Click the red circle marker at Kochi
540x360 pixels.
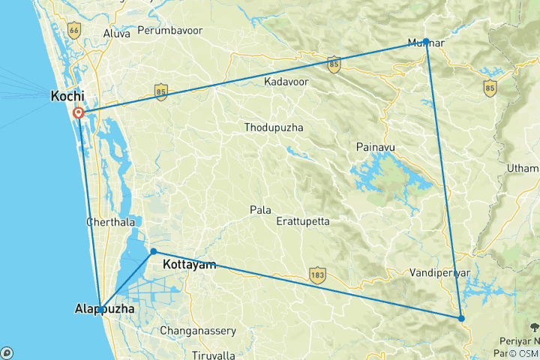tap(79, 112)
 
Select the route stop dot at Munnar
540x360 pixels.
tap(426, 41)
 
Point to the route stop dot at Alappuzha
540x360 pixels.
tap(100, 309)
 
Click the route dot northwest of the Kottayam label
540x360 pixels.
tap(153, 251)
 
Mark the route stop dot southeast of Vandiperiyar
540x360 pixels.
tap(461, 319)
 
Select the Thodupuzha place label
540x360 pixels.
tap(274, 127)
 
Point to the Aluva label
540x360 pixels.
tap(105, 32)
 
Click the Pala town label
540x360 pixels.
tap(261, 210)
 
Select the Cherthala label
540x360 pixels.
tap(112, 223)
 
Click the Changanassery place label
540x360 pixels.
tap(198, 331)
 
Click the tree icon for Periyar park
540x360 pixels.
tap(534, 326)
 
